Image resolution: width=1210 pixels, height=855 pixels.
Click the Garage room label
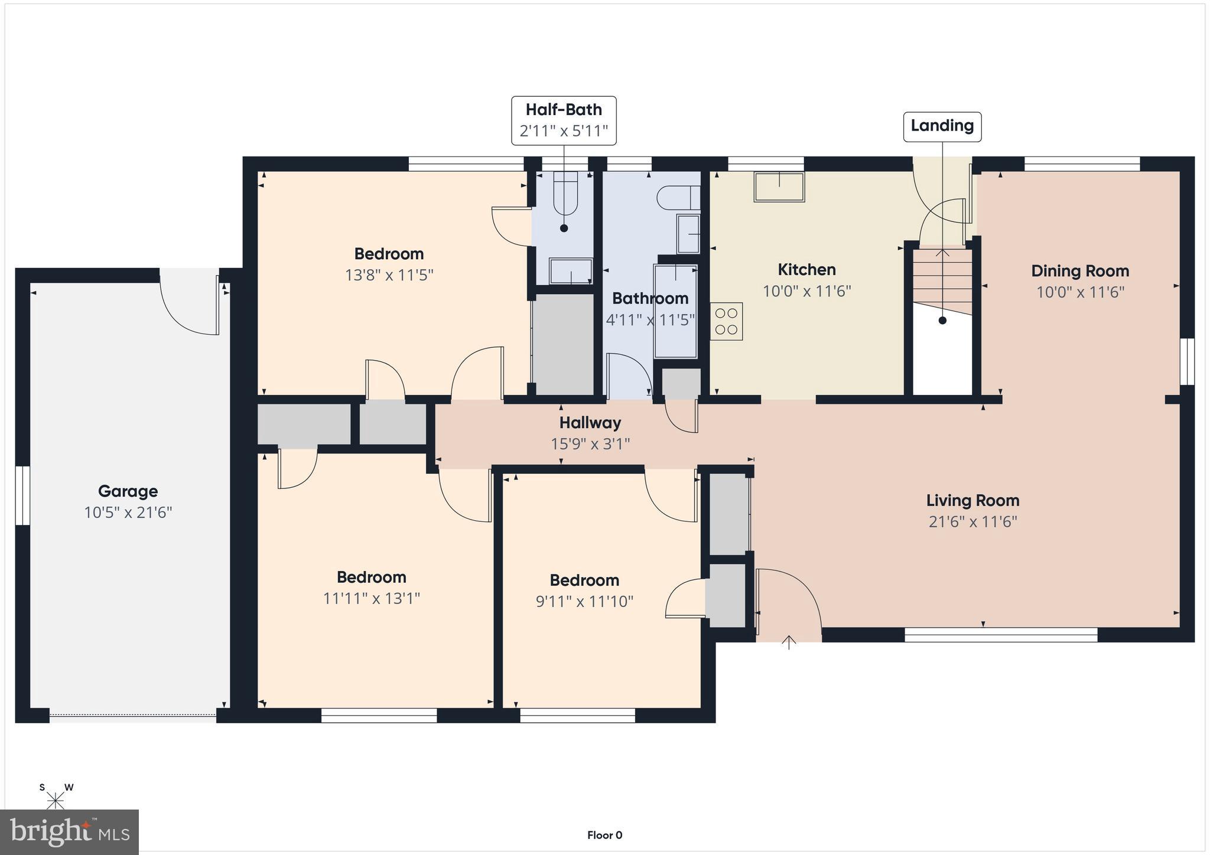click(x=128, y=491)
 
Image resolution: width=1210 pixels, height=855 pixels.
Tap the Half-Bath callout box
click(x=564, y=120)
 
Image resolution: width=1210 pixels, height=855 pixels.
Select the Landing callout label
click(x=942, y=126)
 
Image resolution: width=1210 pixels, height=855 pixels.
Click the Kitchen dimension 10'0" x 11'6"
click(x=806, y=291)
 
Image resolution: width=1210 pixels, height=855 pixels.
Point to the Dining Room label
click(x=1080, y=271)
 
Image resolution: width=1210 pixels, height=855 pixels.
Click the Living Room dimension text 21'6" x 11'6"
click(x=972, y=522)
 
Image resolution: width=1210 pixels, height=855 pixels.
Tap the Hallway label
click(x=590, y=423)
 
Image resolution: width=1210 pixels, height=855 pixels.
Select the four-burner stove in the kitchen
click(x=727, y=322)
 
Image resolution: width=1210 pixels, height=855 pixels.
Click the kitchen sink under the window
click(x=779, y=187)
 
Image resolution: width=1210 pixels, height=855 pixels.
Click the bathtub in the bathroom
click(x=675, y=311)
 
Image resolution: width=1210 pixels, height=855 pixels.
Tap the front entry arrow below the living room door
click(x=789, y=642)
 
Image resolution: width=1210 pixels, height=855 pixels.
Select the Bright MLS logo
click(x=70, y=832)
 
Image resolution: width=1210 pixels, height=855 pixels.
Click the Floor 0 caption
click(x=604, y=835)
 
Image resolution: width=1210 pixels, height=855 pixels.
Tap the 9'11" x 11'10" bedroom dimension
click(x=584, y=602)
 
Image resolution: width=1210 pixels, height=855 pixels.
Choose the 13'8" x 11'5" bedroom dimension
click(x=389, y=275)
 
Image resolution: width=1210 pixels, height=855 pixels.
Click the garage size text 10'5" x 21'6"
click(x=128, y=513)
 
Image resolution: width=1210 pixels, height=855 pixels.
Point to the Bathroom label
click(x=650, y=298)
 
